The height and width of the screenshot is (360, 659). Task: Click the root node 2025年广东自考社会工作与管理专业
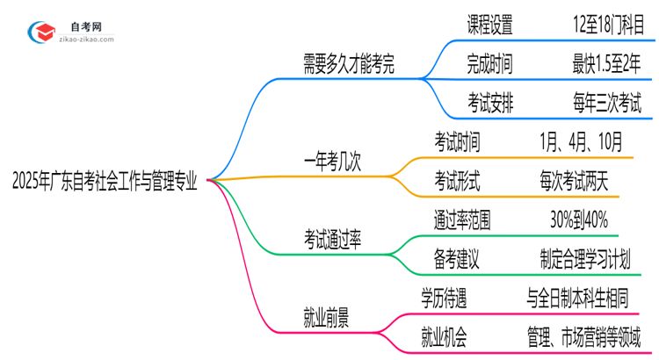coord(105,183)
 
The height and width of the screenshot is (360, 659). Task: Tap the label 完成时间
coord(490,63)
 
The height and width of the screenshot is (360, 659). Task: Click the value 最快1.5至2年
coord(605,63)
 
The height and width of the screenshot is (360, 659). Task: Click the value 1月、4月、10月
coord(583,140)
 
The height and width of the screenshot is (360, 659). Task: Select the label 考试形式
coord(457,180)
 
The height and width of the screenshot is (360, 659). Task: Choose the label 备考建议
coord(457,259)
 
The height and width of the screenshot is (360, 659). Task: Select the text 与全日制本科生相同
coord(590,298)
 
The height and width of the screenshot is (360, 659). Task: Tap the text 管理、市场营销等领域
coord(590,336)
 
